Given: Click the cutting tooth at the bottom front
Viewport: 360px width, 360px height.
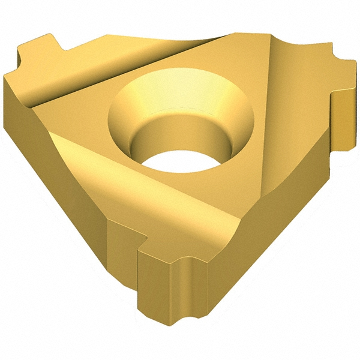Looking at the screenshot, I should click(168, 282).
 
